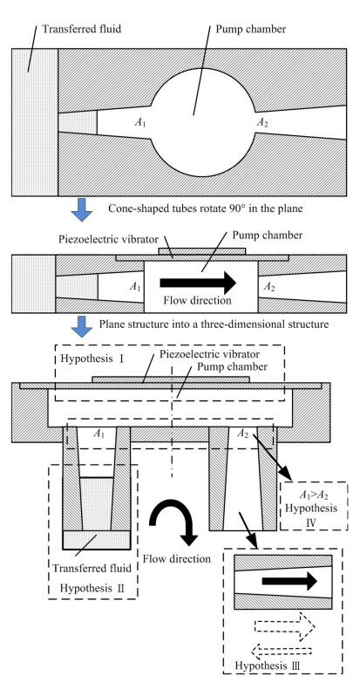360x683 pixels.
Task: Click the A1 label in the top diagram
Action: pyautogui.click(x=139, y=123)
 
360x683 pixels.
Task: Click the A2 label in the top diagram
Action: pyautogui.click(x=262, y=123)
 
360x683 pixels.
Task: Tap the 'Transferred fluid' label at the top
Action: pyautogui.click(x=81, y=29)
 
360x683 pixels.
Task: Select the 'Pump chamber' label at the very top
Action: pyautogui.click(x=251, y=29)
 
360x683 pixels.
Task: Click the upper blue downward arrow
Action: pyautogui.click(x=81, y=210)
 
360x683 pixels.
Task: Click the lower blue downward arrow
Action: pyautogui.click(x=81, y=326)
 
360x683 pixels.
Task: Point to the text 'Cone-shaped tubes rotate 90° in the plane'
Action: pyautogui.click(x=205, y=208)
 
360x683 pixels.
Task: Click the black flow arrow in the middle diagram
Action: pyautogui.click(x=198, y=283)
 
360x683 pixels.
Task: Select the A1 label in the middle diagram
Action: pyautogui.click(x=134, y=286)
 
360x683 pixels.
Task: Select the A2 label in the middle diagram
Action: pyautogui.click(x=269, y=287)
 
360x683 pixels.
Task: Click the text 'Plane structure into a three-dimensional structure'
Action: pyautogui.click(x=214, y=324)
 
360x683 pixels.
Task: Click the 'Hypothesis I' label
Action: pyautogui.click(x=92, y=359)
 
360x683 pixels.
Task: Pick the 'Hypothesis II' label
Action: pyautogui.click(x=92, y=589)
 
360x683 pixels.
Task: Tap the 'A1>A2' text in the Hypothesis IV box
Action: pyautogui.click(x=314, y=496)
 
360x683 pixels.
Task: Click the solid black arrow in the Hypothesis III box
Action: pyautogui.click(x=289, y=581)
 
